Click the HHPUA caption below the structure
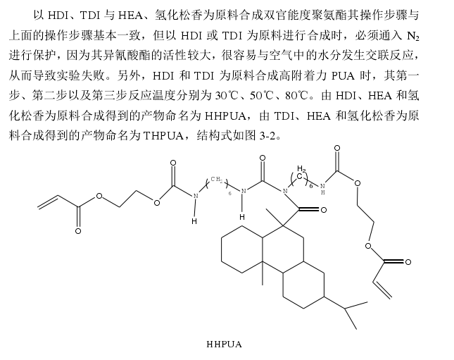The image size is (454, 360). tap(224, 345)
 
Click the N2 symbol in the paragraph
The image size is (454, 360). tap(413, 36)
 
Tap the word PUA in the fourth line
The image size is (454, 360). tap(343, 76)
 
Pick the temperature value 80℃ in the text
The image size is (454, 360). tap(296, 95)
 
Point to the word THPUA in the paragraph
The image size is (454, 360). tap(163, 136)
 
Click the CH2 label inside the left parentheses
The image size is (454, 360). tap(217, 180)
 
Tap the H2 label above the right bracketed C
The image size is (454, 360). tap(302, 168)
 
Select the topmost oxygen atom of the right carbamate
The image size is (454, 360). tap(336, 148)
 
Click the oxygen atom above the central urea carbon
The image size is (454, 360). tap(263, 159)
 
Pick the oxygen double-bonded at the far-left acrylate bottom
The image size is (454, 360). tap(78, 231)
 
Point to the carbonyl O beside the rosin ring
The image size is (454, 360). tap(323, 209)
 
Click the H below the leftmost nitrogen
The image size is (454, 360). tap(194, 221)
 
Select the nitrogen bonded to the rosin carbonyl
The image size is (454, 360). tap(285, 191)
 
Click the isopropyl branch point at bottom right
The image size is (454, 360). tap(345, 309)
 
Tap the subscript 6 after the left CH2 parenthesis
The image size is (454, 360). tap(230, 193)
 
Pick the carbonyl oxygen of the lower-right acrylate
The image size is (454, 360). tap(408, 262)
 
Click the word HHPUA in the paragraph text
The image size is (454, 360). tap(225, 116)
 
